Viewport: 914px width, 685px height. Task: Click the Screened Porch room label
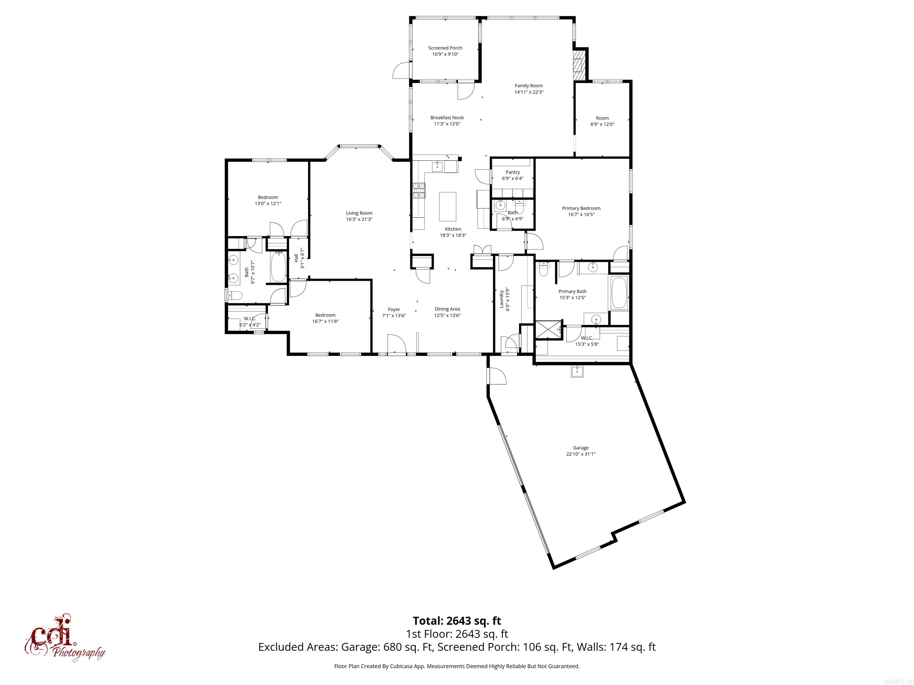coord(445,48)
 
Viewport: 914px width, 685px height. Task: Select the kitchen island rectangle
coord(447,206)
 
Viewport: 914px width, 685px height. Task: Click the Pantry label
coord(512,172)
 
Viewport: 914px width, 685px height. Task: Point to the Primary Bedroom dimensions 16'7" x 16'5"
coord(581,214)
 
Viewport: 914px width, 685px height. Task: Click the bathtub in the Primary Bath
coord(619,293)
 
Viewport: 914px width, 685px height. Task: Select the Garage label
coord(580,447)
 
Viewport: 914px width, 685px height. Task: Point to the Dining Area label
coord(447,309)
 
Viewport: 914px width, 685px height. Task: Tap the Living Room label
coord(359,213)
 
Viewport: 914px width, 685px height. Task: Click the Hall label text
coord(296,258)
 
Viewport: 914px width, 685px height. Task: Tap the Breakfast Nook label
coord(447,118)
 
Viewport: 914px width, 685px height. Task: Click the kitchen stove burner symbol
coord(419,191)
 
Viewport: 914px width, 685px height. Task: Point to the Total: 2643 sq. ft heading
coord(457,620)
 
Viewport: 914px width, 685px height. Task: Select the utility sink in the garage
coord(577,372)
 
